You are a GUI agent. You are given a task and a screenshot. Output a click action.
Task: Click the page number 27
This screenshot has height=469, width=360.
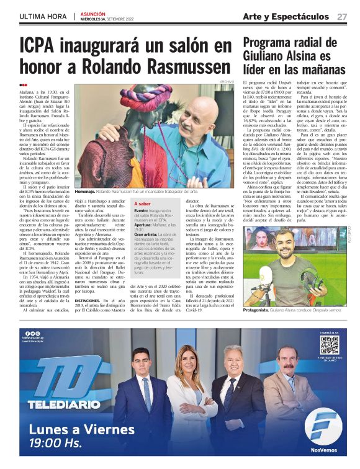342,16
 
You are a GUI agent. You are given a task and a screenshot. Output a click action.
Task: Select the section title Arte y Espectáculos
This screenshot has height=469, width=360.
295,16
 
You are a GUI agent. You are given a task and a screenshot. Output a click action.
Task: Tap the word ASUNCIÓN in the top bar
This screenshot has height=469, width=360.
92,13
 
